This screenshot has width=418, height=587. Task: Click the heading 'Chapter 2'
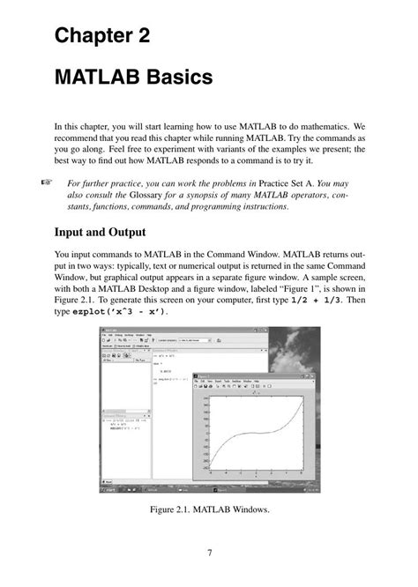[x=102, y=36]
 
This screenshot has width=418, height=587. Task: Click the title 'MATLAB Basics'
[x=133, y=78]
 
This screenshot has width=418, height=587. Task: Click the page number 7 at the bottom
[x=209, y=553]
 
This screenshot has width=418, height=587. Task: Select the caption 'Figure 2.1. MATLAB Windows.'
[x=209, y=509]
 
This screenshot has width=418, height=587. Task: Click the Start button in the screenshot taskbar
[x=108, y=488]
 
